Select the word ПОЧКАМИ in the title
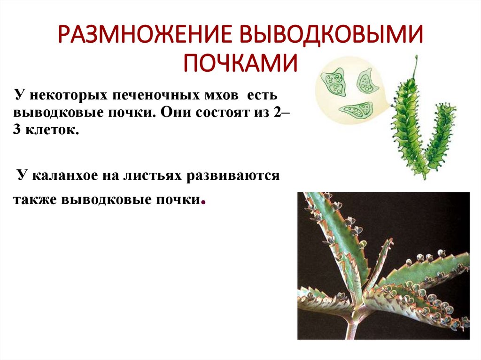coord(240,63)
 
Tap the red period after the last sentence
coord(203,203)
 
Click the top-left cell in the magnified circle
coord(334,81)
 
